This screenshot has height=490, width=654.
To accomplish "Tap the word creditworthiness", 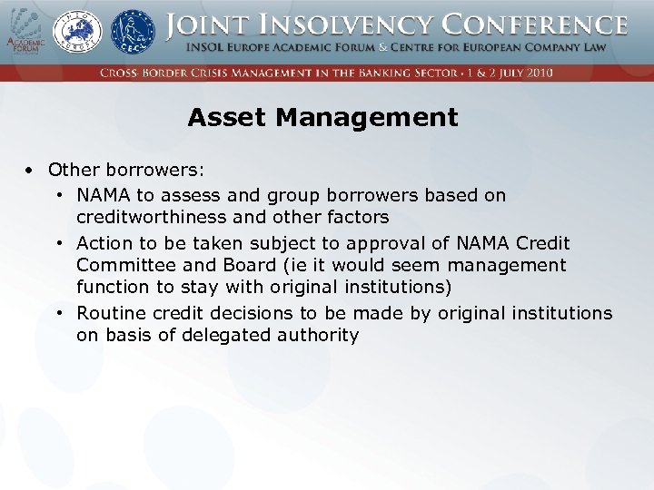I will click(149, 217).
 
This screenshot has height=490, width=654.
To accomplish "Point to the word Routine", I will click(109, 313).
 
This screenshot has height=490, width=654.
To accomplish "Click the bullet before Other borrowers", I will click(30, 170).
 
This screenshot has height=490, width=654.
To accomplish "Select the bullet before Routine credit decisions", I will click(58, 313).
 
